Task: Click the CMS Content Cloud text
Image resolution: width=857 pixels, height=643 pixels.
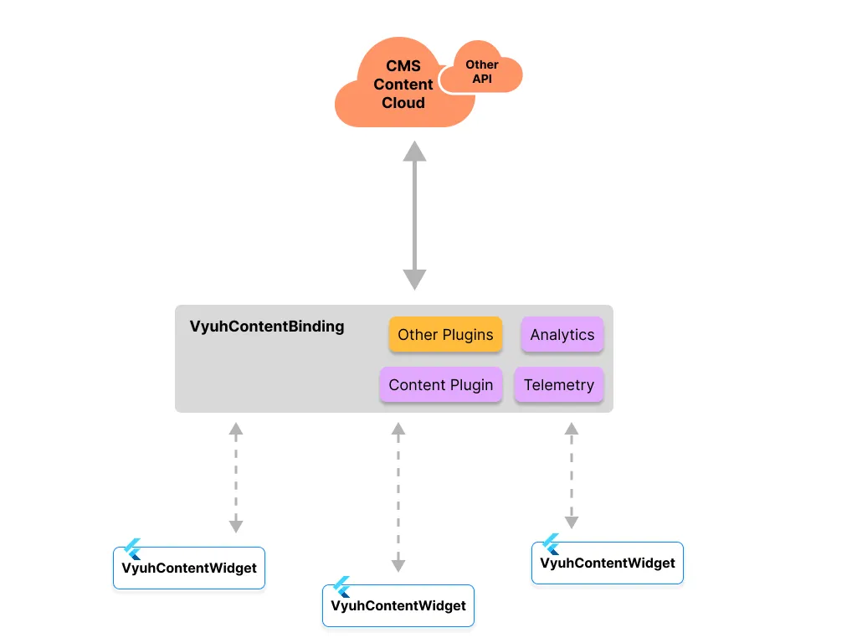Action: [x=403, y=85]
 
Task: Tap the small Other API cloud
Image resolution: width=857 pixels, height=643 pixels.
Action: [x=482, y=72]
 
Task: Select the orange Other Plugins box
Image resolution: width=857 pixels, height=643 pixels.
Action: [x=445, y=335]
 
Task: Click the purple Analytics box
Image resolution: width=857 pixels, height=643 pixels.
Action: [x=562, y=335]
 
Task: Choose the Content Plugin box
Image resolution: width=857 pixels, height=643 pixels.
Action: [x=441, y=385]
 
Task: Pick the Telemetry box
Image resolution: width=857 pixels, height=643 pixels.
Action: [x=559, y=385]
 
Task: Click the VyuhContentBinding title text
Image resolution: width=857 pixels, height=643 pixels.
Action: [x=267, y=327]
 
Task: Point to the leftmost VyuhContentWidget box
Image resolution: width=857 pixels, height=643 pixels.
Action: [x=189, y=568]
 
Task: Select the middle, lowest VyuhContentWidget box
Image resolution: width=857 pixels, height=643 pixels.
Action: [x=398, y=605]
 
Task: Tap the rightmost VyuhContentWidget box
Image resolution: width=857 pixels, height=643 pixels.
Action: [x=608, y=563]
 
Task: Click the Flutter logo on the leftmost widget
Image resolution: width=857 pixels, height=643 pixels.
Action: [x=132, y=549]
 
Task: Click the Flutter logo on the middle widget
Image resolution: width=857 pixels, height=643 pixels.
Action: [x=341, y=587]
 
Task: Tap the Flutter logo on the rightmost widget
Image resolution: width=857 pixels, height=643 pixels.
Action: [x=551, y=544]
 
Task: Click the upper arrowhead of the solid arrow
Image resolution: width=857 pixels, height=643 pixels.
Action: [x=414, y=152]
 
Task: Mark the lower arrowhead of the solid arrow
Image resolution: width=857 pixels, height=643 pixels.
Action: [x=414, y=280]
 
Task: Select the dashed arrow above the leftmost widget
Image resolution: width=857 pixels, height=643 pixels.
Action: [x=236, y=477]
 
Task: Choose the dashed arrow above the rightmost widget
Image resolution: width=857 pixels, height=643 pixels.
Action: [x=572, y=475]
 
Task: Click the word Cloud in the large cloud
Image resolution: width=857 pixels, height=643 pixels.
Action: [x=403, y=103]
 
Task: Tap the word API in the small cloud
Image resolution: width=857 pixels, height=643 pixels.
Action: [x=482, y=79]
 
